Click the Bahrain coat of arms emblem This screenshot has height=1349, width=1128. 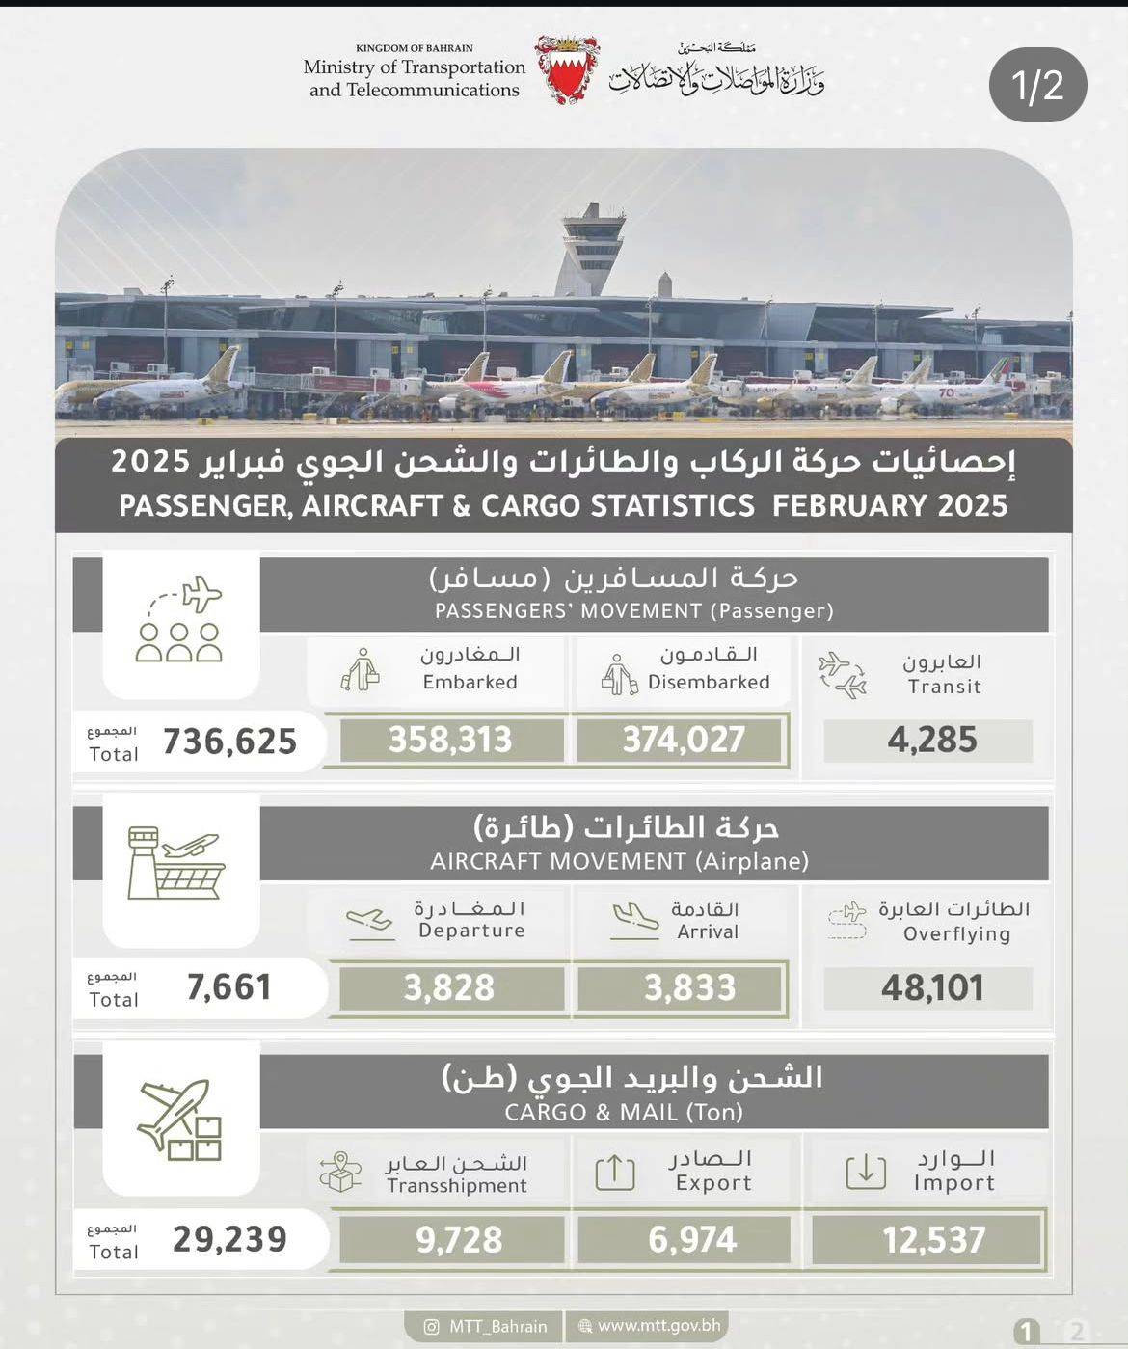567,69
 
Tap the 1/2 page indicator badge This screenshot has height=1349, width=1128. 1038,85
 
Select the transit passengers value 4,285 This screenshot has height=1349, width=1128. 931,741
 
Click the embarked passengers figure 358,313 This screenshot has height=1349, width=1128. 449,741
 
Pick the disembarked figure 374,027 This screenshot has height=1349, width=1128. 684,741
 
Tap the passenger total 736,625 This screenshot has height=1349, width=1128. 229,742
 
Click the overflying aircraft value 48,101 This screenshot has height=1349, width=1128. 931,988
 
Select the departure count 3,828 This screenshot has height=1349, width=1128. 449,988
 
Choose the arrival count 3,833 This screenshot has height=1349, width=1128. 689,988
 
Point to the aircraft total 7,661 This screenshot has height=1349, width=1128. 229,987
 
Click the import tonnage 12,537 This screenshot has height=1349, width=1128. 933,1240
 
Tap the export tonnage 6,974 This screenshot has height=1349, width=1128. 692,1240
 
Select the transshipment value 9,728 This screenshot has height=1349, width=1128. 459,1240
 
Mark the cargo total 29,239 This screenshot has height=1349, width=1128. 229,1239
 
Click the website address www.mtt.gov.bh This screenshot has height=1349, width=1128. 658,1326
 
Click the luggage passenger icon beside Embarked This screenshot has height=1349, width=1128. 361,669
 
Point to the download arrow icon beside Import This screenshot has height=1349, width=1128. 865,1172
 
